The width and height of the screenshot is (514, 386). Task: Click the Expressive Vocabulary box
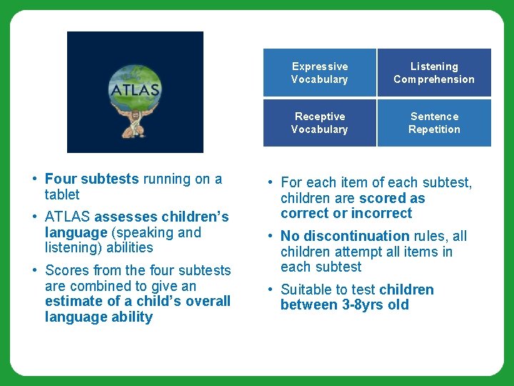coord(319,73)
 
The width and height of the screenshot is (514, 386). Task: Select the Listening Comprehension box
coord(434,73)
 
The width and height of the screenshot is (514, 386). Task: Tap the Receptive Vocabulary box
coord(319,123)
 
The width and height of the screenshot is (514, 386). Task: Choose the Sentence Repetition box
coord(434,123)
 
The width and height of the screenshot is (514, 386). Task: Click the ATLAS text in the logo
coord(135,91)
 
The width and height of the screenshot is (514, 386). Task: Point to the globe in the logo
coord(135,82)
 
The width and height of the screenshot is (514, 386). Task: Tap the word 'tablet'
coord(62,194)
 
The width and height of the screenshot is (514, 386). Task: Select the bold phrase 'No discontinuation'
coord(345,236)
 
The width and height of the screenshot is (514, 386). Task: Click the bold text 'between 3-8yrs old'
coord(345,305)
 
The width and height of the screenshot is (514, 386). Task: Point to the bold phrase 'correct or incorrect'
coord(346,213)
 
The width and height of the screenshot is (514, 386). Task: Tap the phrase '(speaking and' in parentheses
coord(158,232)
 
